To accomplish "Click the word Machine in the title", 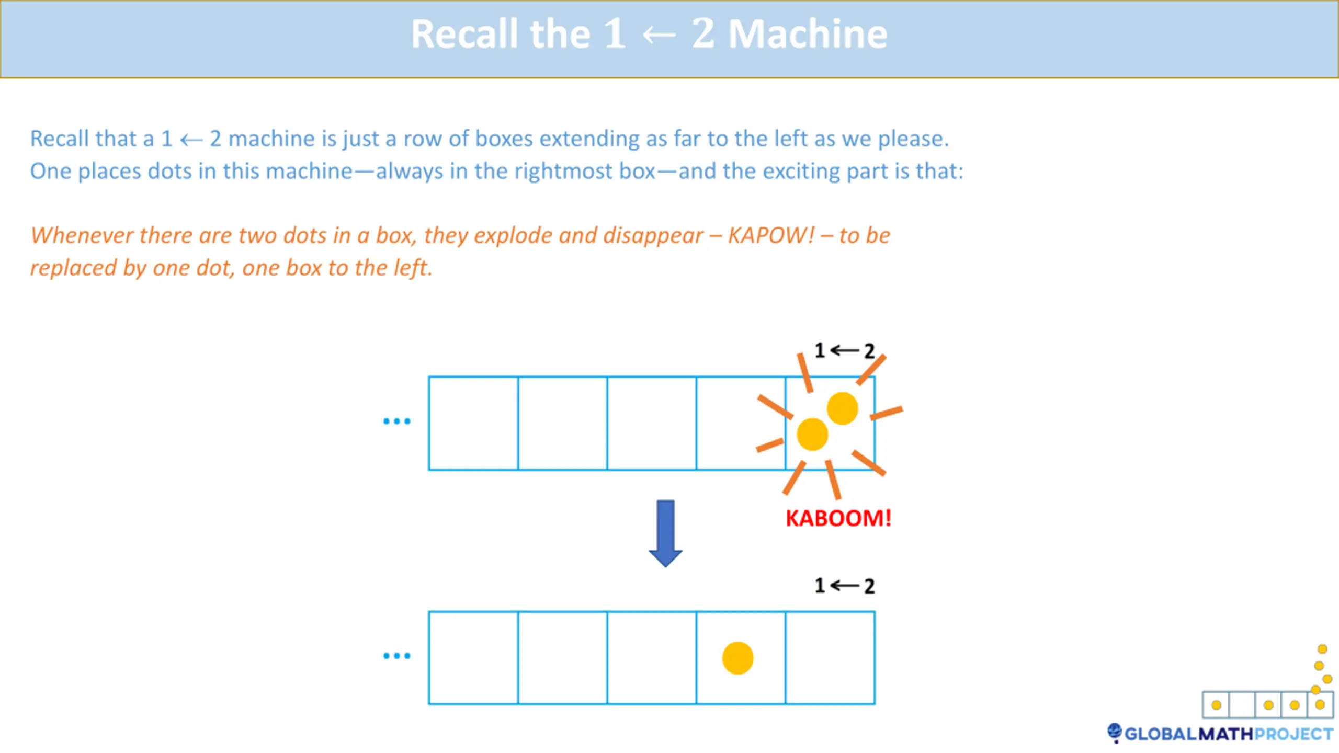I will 808,35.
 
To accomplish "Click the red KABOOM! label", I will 838,518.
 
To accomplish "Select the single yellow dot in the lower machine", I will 737,658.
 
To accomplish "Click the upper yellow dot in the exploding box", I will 842,408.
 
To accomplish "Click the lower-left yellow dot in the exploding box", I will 812,434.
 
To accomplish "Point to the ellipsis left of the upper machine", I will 396,421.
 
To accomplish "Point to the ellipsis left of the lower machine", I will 396,655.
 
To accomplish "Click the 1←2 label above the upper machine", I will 844,350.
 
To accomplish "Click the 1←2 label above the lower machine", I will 844,586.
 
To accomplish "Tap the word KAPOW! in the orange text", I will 771,235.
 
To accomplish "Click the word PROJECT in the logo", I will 1293,734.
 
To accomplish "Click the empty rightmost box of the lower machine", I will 830,658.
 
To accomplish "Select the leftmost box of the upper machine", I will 473,423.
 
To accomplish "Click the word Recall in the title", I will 464,35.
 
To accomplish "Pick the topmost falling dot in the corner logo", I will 1322,649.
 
